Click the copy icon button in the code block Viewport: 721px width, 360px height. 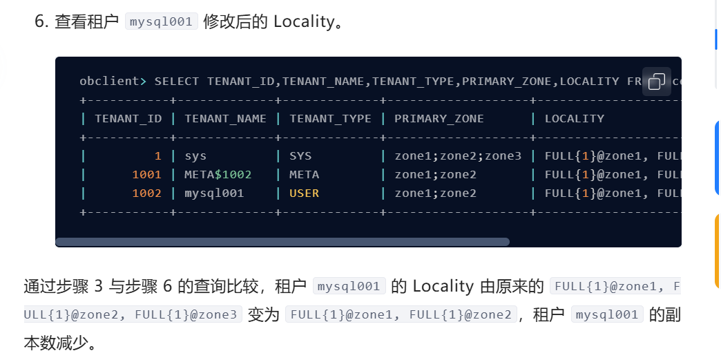point(657,82)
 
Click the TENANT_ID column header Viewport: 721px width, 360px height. point(128,119)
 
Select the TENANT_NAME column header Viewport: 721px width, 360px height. point(225,119)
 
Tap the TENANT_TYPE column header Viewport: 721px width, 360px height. point(330,119)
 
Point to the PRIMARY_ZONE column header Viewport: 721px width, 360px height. point(439,119)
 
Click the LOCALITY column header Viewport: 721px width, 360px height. point(575,119)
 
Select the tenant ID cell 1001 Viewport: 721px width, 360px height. point(147,175)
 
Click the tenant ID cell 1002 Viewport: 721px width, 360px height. point(147,193)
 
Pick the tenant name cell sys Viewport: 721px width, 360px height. point(196,157)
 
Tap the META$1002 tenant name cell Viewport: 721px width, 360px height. point(218,175)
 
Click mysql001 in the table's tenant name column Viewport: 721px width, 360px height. point(214,193)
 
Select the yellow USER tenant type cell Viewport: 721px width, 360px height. point(304,193)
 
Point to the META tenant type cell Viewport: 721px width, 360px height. point(304,175)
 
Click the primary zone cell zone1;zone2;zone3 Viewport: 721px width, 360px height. point(458,157)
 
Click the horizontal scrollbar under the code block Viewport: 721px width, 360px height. point(282,242)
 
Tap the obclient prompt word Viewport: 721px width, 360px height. point(109,82)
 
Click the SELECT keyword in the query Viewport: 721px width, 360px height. point(177,82)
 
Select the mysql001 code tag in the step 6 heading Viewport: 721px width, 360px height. point(162,21)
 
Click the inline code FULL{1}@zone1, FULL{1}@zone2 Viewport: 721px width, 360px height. point(401,314)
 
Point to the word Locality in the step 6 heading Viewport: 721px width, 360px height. point(304,22)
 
